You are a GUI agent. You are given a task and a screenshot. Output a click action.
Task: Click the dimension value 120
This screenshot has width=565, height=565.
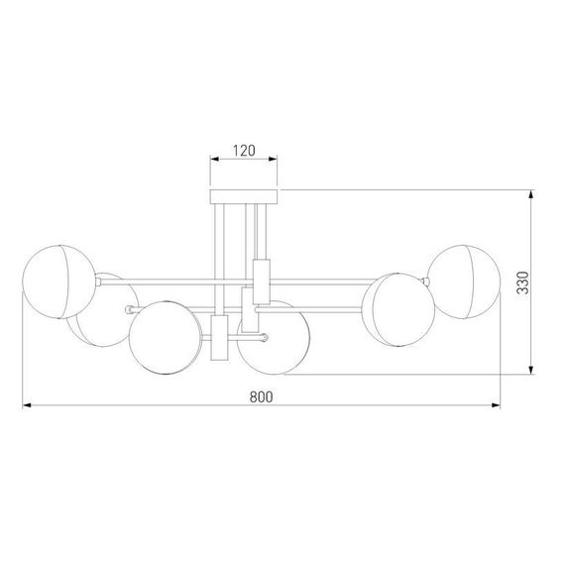click(245, 151)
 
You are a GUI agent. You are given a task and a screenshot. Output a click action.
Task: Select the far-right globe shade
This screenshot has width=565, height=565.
click(462, 282)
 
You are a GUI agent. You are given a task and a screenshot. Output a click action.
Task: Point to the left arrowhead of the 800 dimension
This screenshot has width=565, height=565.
click(27, 406)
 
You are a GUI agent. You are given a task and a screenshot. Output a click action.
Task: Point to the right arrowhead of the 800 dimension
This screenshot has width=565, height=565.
click(498, 406)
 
